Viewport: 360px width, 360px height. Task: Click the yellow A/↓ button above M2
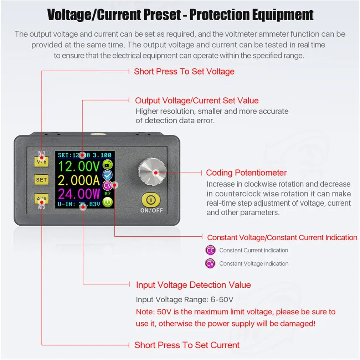41,199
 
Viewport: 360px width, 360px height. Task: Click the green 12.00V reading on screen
79,166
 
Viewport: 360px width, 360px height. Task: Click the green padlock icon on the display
107,164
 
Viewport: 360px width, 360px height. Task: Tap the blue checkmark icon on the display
107,175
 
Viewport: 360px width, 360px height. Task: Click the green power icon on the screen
107,202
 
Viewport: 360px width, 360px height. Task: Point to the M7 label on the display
108,194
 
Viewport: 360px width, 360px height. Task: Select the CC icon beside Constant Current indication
211,250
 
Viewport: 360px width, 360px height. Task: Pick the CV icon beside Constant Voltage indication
211,263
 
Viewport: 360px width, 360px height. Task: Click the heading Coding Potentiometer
246,173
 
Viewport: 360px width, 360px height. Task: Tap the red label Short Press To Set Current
187,345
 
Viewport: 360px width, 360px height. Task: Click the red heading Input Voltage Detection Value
193,285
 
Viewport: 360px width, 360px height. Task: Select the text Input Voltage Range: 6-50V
185,299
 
